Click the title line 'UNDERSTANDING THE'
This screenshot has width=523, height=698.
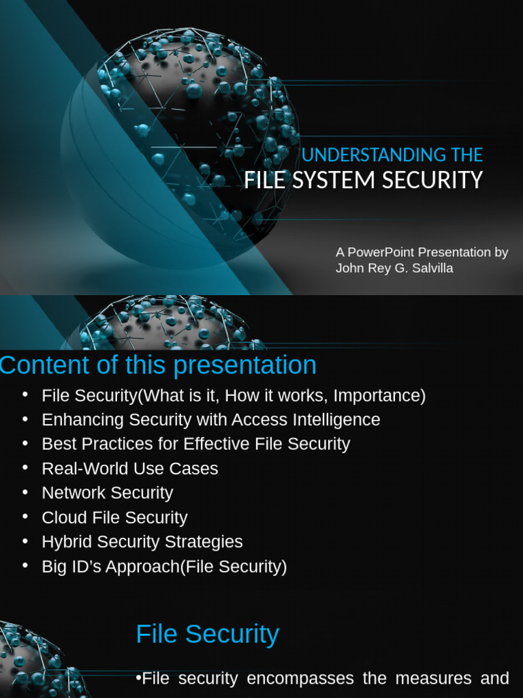pos(392,155)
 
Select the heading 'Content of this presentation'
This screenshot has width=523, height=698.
pos(158,365)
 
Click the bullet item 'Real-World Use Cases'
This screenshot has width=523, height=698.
pos(129,468)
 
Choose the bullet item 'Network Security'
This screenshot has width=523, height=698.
pos(107,493)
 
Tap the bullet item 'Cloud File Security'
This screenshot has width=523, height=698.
pos(114,517)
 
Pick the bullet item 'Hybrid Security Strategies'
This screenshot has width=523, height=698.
pos(142,542)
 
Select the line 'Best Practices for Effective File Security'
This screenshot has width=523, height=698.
pos(195,444)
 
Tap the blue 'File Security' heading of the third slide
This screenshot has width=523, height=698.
pos(207,634)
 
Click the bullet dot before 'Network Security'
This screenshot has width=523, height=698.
pos(25,491)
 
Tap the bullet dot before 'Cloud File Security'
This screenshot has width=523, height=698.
pos(25,516)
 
